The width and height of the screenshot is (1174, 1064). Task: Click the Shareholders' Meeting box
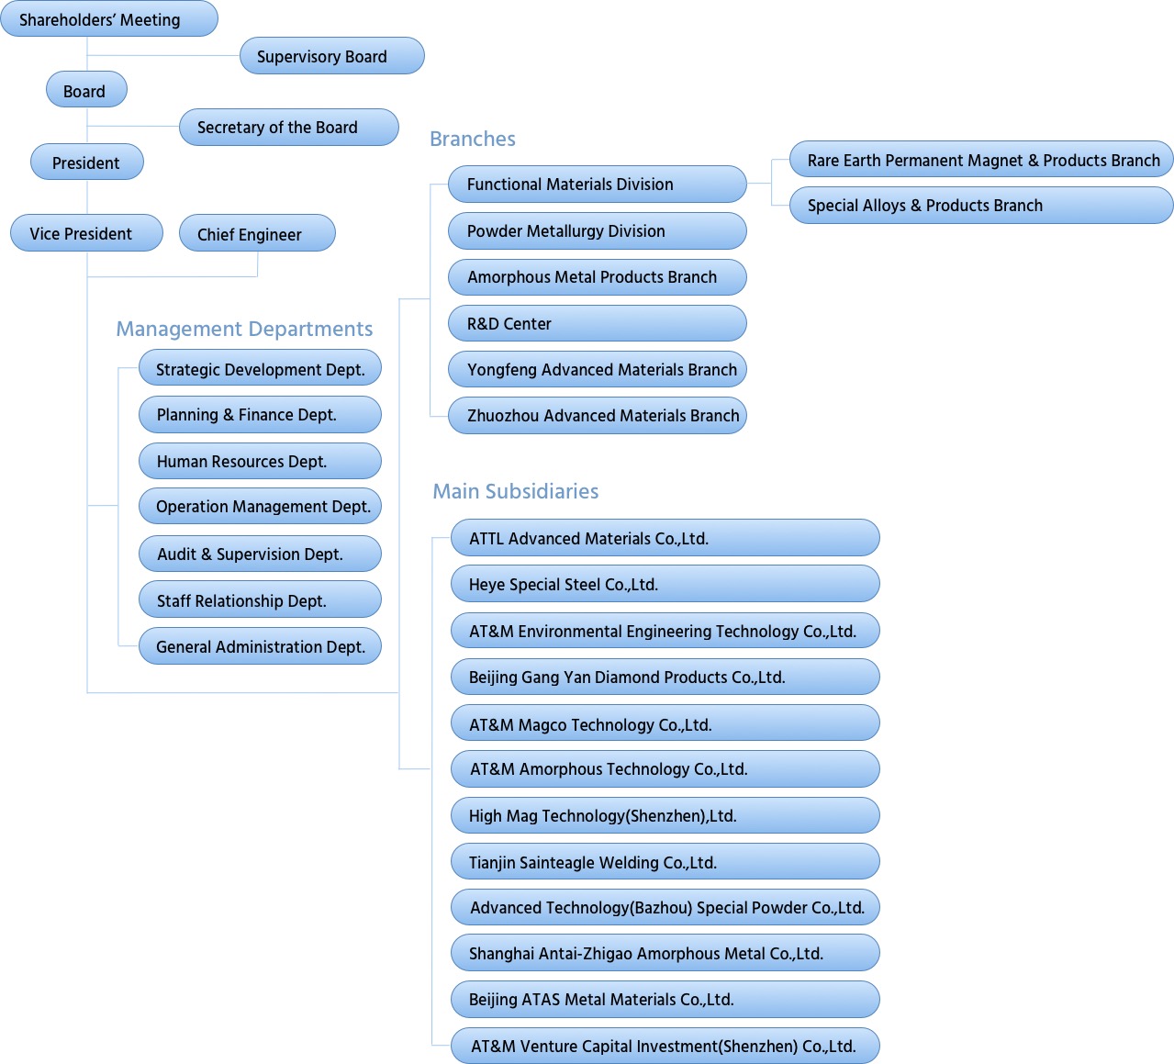pos(109,18)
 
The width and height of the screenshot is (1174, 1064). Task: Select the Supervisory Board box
pos(332,56)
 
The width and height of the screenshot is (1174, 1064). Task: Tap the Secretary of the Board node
pos(288,127)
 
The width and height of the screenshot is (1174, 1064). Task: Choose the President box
pos(86,162)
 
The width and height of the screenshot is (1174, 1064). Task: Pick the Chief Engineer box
pos(257,233)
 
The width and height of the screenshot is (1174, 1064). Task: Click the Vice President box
pos(86,232)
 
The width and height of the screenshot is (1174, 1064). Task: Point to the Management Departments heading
pos(244,329)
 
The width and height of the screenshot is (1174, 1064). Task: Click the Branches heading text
pos(473,139)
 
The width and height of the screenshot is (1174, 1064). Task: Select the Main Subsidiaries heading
pos(516,491)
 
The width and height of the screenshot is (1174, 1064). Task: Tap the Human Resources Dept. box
pos(260,461)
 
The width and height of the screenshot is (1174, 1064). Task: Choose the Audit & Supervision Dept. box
pos(260,554)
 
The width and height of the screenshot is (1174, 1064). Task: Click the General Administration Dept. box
pos(260,646)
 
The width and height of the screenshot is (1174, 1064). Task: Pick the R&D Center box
pos(597,323)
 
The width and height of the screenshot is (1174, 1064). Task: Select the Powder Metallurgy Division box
pos(597,230)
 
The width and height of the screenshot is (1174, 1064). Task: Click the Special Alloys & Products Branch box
pos(981,205)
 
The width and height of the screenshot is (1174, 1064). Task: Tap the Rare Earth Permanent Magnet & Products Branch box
pos(981,159)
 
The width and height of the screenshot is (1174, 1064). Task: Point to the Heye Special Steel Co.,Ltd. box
pos(665,584)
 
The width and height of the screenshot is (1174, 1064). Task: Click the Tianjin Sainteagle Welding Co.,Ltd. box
pos(665,861)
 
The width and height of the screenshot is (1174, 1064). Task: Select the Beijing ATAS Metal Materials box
pos(665,999)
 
